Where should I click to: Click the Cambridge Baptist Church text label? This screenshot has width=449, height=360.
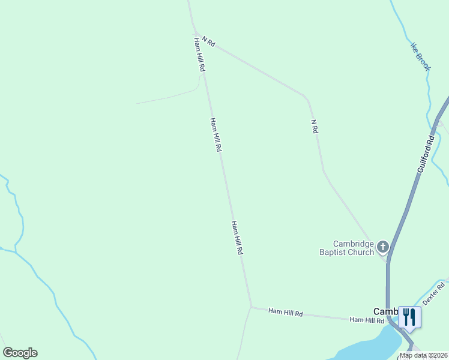tap(354, 248)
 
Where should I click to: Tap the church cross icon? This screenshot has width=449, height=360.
tap(382, 247)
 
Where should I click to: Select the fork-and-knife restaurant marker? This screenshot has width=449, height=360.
tap(409, 317)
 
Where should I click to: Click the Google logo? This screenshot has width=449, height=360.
tap(20, 353)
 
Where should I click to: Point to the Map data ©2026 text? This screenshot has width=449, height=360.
tap(423, 355)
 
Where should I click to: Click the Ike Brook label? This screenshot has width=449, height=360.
tap(420, 56)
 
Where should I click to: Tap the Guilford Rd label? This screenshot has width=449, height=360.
tap(426, 155)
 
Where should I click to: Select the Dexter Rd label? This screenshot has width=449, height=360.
tap(435, 293)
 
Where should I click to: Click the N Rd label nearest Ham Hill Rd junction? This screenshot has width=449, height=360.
tap(208, 41)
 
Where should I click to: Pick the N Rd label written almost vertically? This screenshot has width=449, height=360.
tap(313, 126)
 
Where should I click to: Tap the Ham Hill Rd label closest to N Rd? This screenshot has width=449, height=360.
tap(199, 55)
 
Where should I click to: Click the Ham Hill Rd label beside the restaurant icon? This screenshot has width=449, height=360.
tap(367, 320)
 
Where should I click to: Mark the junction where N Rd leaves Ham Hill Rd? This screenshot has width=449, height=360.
tap(196, 32)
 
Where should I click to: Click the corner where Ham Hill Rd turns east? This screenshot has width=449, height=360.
tap(251, 307)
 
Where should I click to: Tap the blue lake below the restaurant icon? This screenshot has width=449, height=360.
tap(366, 349)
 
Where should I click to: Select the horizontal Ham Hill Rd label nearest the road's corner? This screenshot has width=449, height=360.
tap(286, 313)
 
